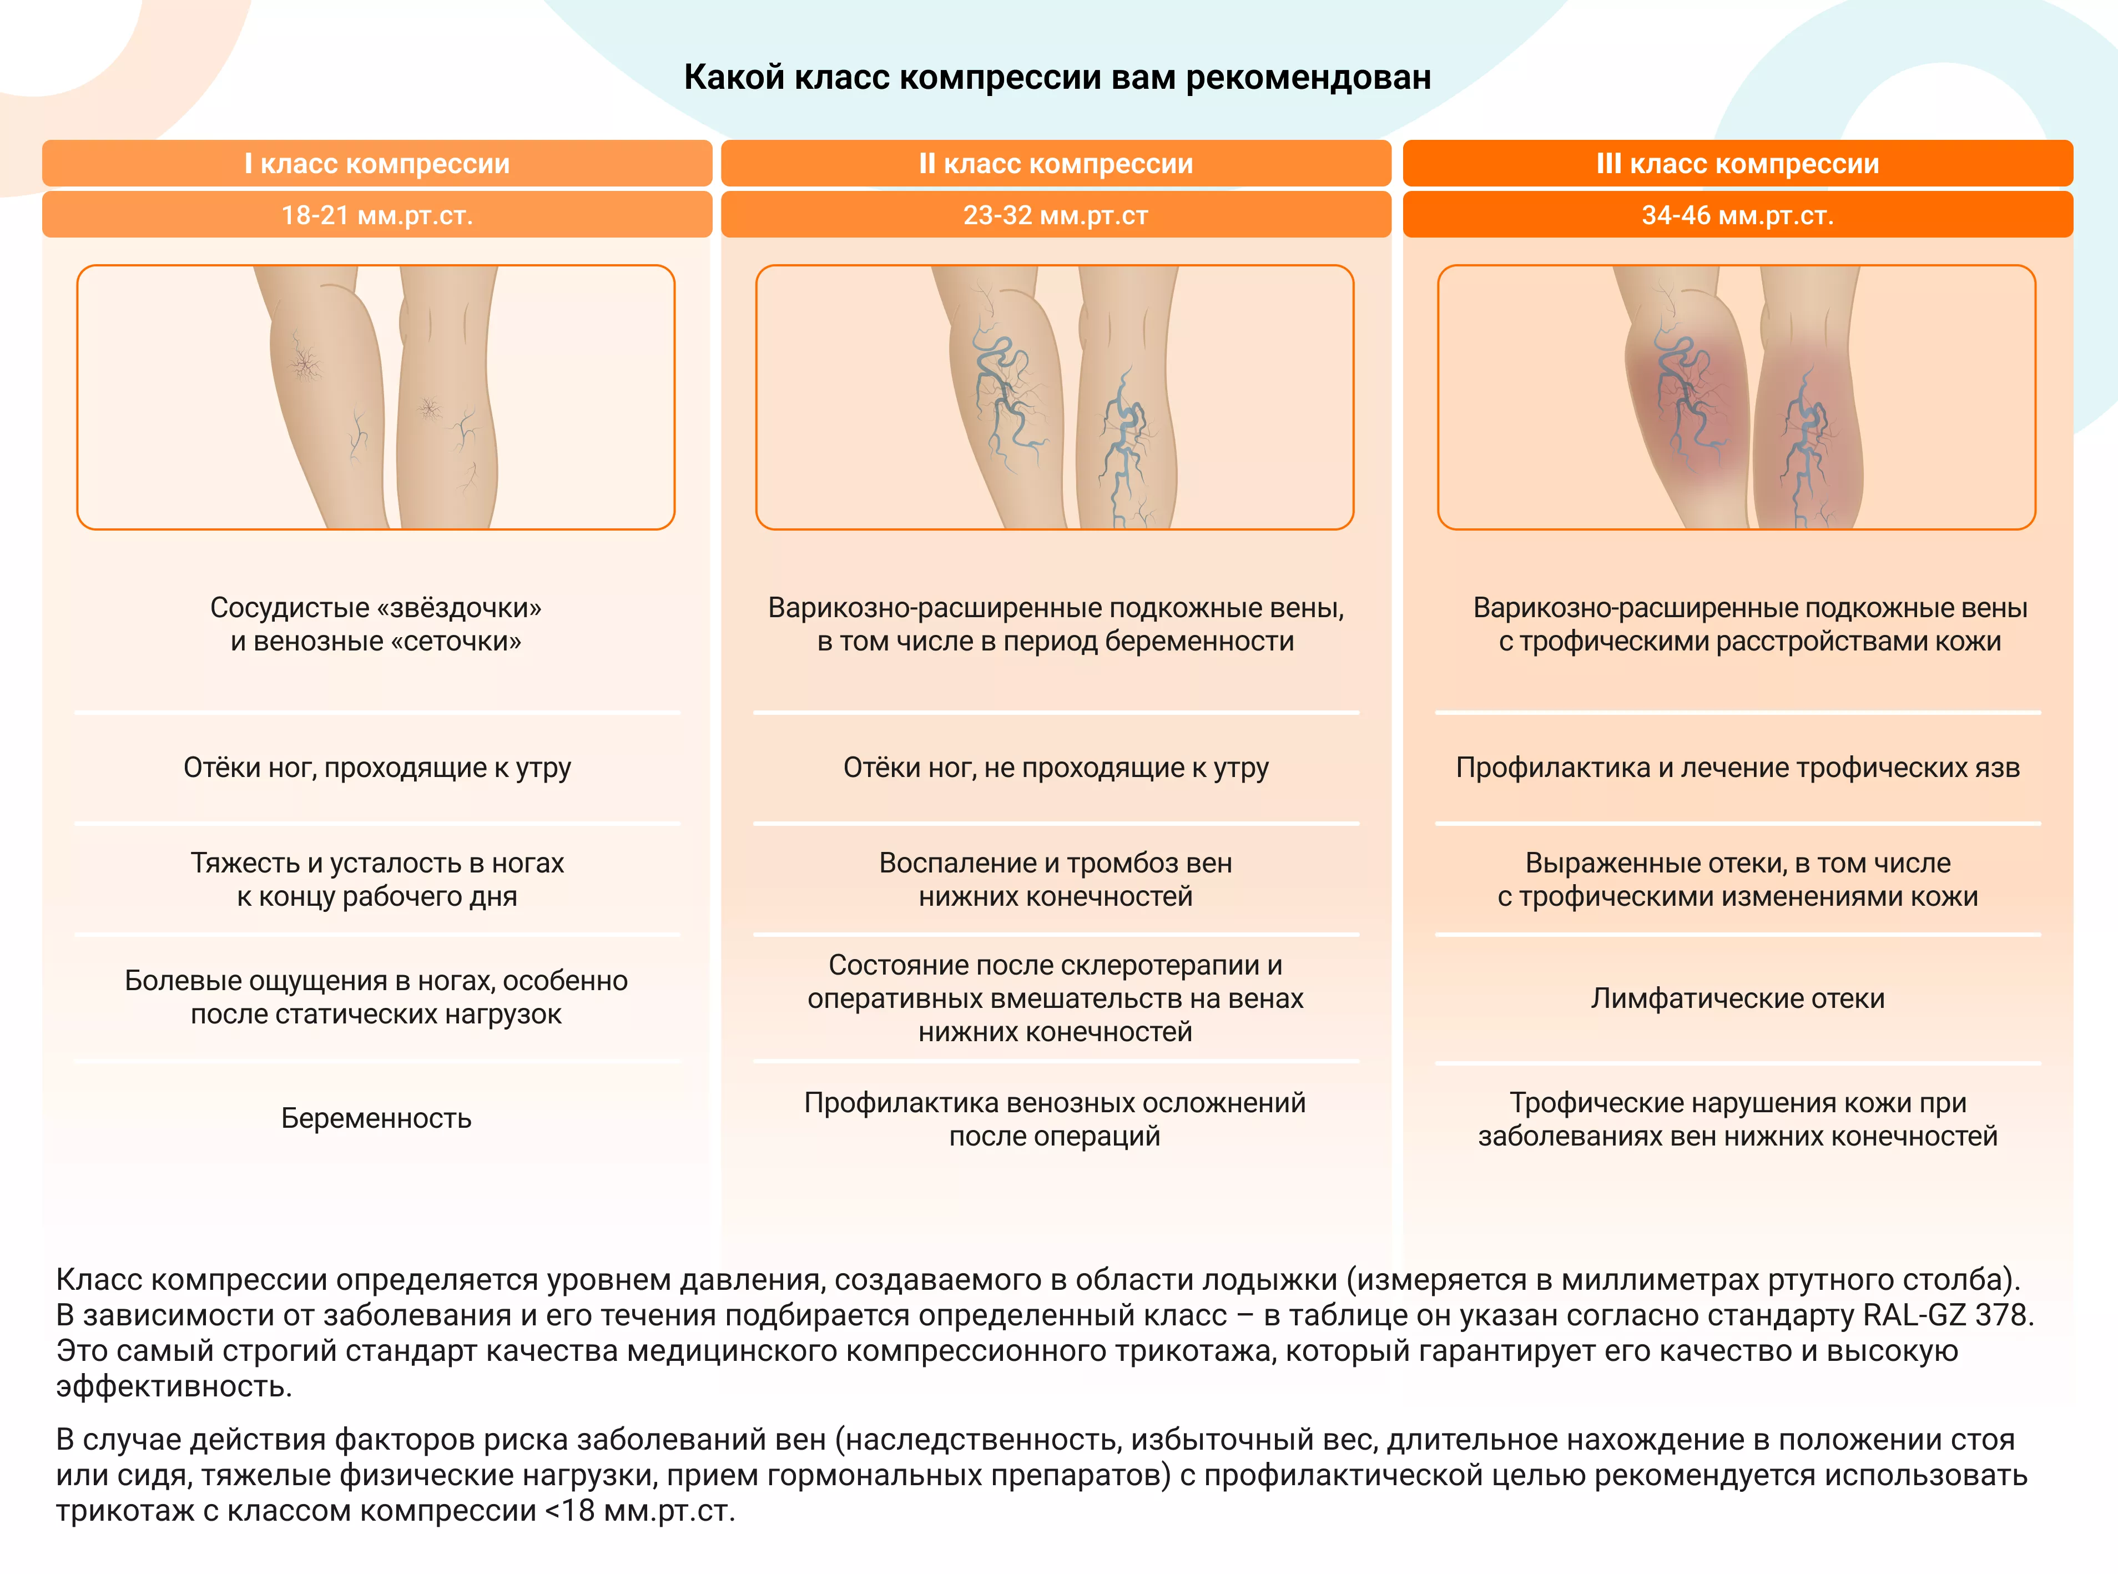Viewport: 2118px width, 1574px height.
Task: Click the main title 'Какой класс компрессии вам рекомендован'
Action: [1057, 77]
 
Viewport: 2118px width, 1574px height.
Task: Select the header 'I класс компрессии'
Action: [377, 163]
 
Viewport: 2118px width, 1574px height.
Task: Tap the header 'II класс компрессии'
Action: [1056, 163]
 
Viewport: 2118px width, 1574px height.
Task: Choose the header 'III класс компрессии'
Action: [1738, 163]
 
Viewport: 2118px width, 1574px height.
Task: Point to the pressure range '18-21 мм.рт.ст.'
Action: [377, 215]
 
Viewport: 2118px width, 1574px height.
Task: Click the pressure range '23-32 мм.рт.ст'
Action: [1056, 215]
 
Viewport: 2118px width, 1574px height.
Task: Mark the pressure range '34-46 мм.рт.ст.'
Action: [1738, 215]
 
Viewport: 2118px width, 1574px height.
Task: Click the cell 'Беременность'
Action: [376, 1118]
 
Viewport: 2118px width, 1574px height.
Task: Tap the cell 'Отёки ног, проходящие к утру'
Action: [377, 768]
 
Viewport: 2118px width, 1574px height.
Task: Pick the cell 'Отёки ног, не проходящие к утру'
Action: [1056, 768]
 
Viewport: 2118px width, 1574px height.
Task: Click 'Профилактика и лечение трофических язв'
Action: [1738, 768]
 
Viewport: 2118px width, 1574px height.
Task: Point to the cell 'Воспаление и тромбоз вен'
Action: [1056, 863]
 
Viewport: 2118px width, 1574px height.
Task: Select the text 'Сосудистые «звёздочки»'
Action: [376, 608]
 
